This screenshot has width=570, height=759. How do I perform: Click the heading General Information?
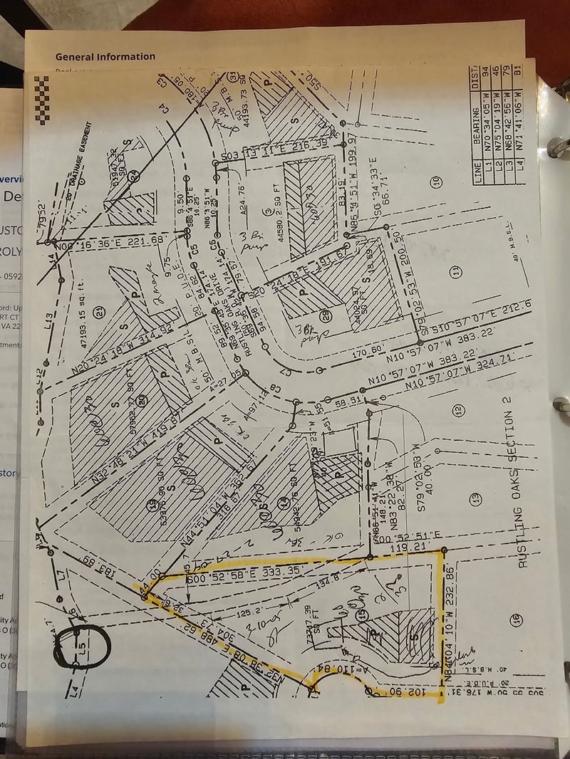pos(105,56)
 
